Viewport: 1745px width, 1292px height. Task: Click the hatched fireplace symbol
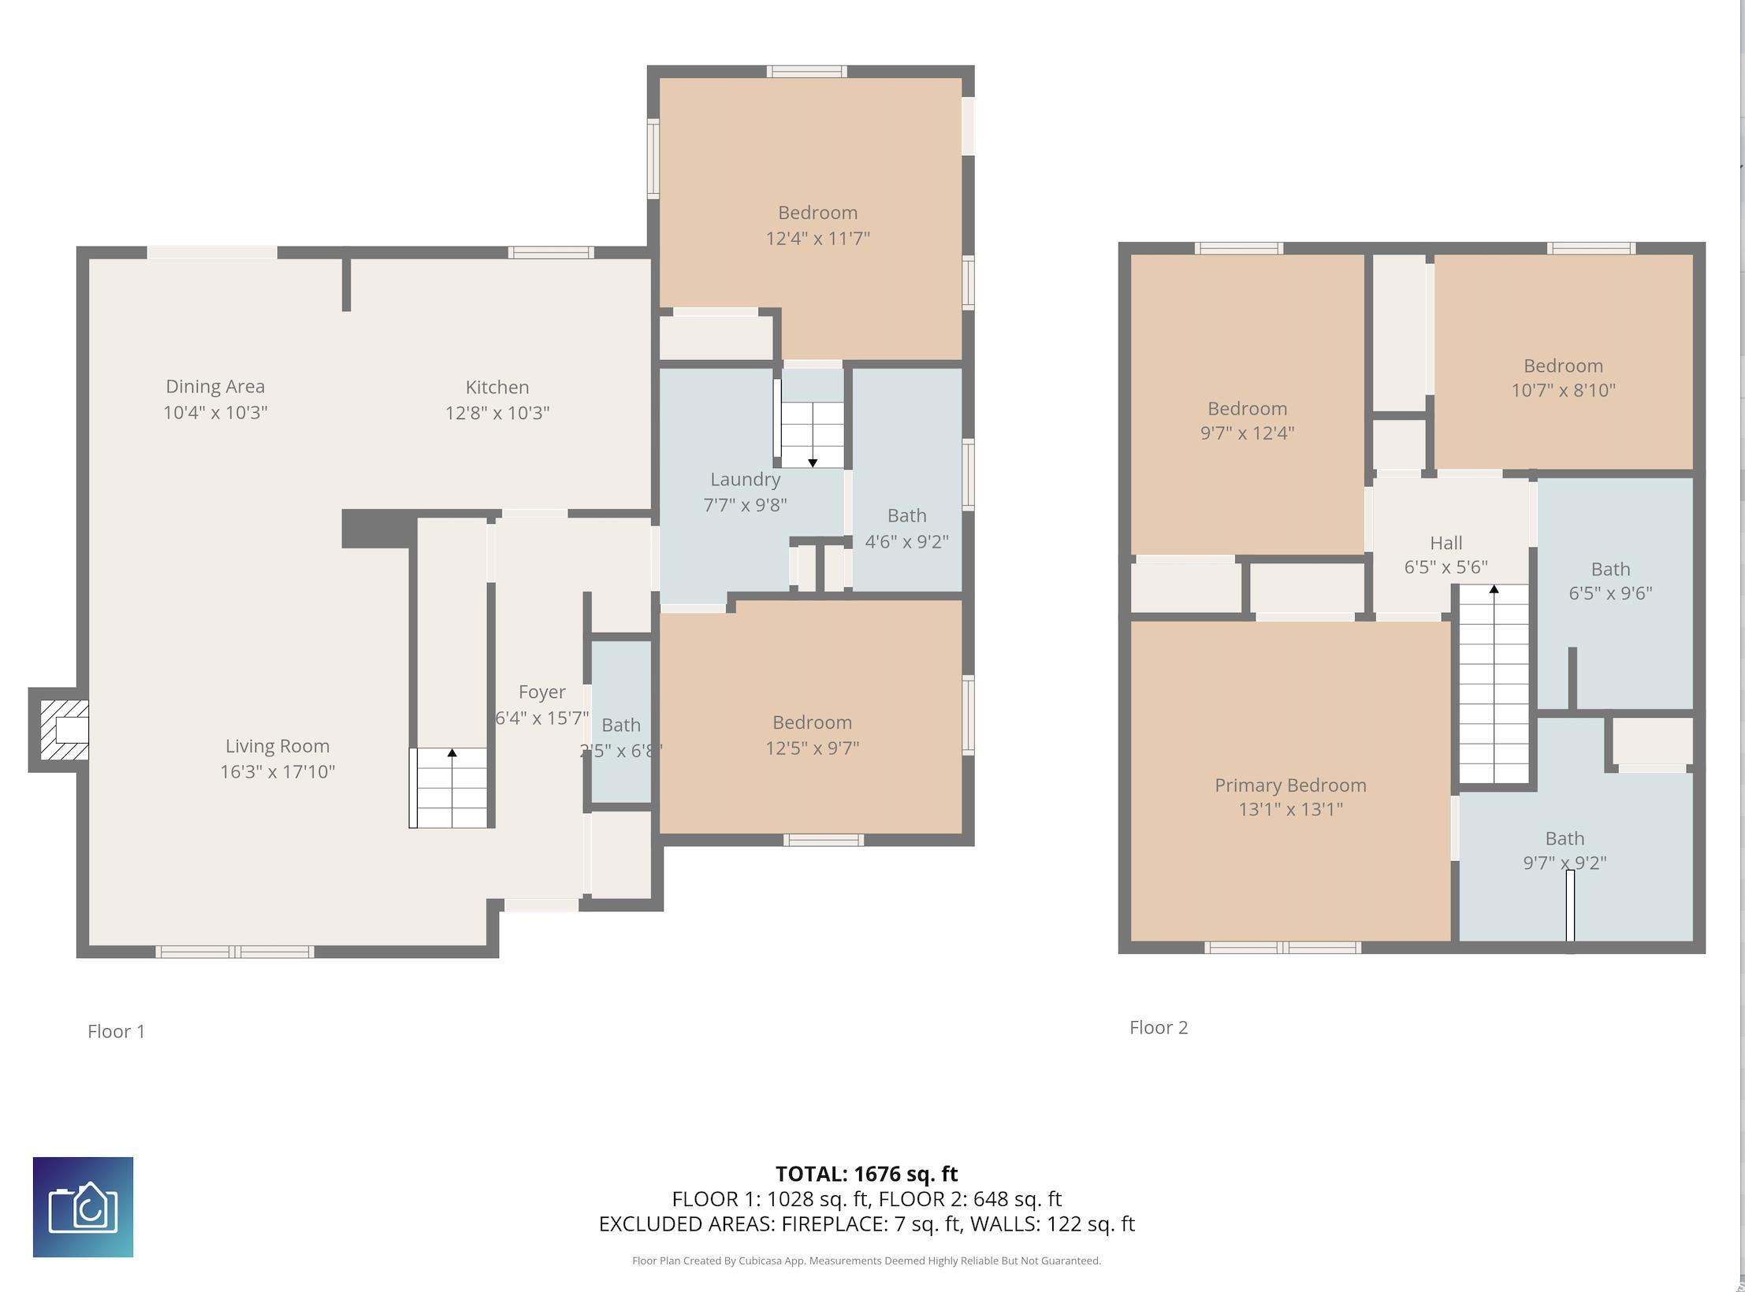[64, 730]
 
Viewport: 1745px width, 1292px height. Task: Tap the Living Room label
[277, 746]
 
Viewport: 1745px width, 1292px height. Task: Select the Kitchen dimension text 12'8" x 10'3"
[497, 413]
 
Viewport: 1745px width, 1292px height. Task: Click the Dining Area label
[215, 387]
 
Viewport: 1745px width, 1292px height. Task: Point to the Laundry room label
[745, 480]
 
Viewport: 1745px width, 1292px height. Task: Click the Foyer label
[542, 692]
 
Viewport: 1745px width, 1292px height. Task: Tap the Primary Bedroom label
[1290, 785]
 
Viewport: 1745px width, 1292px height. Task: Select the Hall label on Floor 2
[1446, 543]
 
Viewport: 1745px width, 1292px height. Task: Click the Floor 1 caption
[117, 1031]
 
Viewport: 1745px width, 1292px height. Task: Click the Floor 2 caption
[1159, 1027]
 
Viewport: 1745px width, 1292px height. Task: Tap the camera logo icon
[83, 1207]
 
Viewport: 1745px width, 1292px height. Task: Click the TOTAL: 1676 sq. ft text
[867, 1174]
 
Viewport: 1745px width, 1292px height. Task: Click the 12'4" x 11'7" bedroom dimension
[818, 238]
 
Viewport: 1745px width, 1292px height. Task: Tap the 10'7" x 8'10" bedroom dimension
[1563, 390]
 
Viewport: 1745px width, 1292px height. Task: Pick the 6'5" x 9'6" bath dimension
[1610, 593]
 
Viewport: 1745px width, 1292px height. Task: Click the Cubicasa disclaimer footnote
[866, 1260]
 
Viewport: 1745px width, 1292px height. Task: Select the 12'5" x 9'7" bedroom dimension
[813, 748]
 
